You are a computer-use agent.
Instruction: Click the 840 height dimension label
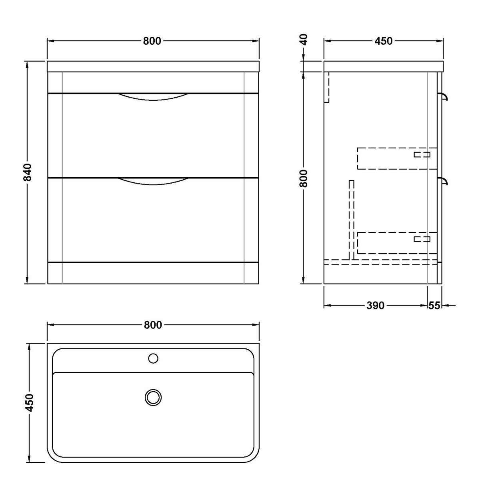click(x=28, y=172)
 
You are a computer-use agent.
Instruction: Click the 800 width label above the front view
click(x=152, y=41)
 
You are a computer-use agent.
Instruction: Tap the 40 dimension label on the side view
click(x=304, y=39)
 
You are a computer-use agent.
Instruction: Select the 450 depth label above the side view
click(x=384, y=41)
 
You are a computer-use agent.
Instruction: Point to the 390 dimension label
click(x=375, y=305)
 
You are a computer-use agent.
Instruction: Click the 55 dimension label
click(x=434, y=305)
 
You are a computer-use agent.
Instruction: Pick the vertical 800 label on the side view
click(x=304, y=178)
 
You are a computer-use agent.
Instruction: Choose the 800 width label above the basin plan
click(x=153, y=325)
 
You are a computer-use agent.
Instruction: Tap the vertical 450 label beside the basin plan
click(x=29, y=403)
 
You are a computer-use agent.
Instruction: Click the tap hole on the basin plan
click(x=153, y=358)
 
